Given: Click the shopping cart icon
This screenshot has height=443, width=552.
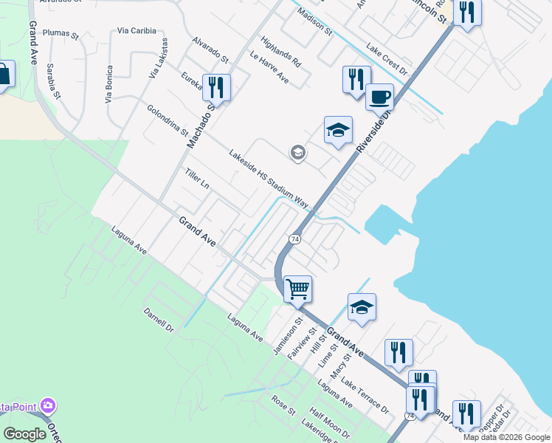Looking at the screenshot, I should pyautogui.click(x=297, y=288).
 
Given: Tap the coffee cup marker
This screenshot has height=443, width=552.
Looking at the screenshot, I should pyautogui.click(x=379, y=97).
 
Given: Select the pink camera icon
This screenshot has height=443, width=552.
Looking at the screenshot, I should pyautogui.click(x=49, y=405).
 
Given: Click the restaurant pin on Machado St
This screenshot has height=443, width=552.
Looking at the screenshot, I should pyautogui.click(x=216, y=87).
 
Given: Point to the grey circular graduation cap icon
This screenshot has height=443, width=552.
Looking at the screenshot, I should pyautogui.click(x=298, y=154).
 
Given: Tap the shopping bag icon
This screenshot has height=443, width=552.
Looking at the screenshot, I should pyautogui.click(x=3, y=75).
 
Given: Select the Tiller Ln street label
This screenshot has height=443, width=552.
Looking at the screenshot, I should pyautogui.click(x=198, y=181).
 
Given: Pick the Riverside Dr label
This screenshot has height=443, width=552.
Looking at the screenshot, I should pyautogui.click(x=376, y=127).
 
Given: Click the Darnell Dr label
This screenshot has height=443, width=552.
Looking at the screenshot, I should pyautogui.click(x=158, y=319).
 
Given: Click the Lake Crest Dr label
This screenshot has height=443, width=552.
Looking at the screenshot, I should pyautogui.click(x=387, y=62).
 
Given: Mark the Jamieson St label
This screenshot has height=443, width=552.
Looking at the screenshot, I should pyautogui.click(x=289, y=337).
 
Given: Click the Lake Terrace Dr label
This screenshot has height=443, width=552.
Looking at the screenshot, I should pyautogui.click(x=365, y=396).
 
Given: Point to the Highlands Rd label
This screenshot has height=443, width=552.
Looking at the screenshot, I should pyautogui.click(x=281, y=52).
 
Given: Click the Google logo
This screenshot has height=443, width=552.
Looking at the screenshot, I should pyautogui.click(x=24, y=434).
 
